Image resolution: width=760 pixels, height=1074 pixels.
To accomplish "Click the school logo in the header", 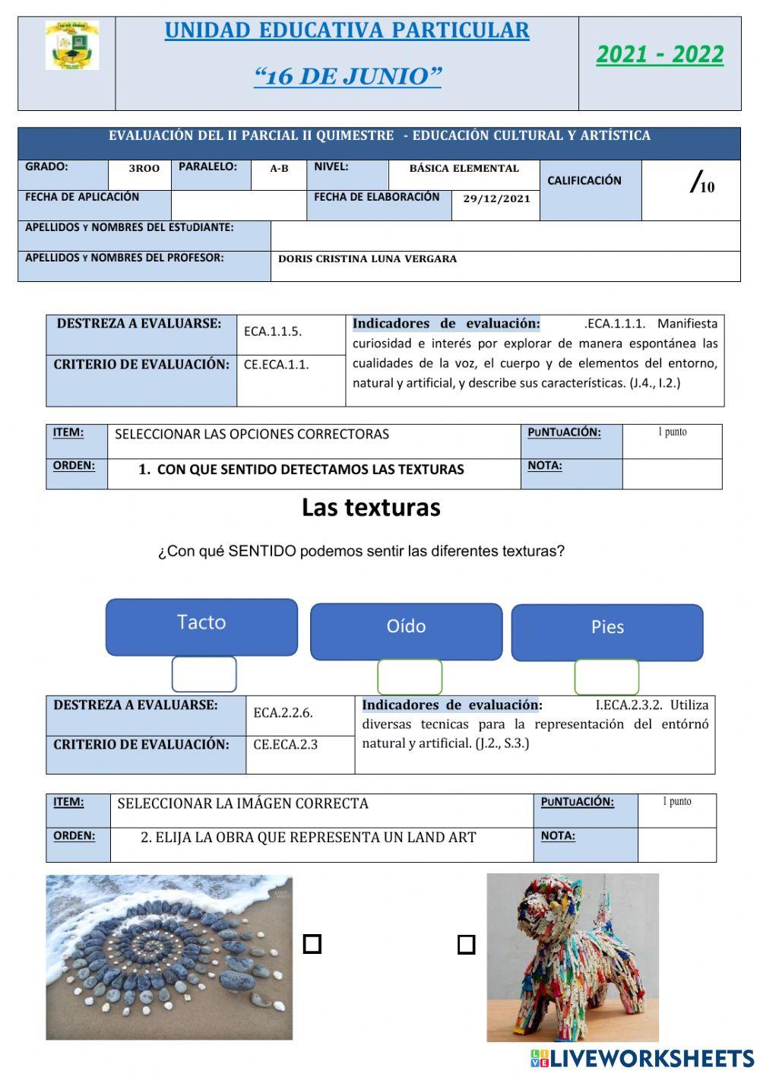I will [71, 46].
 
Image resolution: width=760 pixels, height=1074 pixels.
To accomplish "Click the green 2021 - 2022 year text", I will [660, 55].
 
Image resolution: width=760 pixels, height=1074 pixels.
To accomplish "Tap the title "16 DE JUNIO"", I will [347, 77].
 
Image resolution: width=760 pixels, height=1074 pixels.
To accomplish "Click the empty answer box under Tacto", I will [204, 674].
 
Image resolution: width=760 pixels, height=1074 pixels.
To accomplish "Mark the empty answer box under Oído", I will [410, 676].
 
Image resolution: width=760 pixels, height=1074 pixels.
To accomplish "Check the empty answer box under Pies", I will [606, 676].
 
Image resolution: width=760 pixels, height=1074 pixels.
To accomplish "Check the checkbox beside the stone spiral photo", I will [312, 944].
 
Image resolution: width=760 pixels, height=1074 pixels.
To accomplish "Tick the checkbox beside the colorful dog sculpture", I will [466, 945].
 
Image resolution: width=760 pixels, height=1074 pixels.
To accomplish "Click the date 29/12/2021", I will [496, 199].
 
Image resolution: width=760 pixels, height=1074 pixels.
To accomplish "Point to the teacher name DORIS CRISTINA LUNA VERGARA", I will [367, 259].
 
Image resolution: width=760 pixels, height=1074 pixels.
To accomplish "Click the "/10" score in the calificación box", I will [702, 183].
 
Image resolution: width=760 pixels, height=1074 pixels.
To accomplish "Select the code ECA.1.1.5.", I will [273, 331].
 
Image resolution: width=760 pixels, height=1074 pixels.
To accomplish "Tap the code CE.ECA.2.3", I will [285, 745].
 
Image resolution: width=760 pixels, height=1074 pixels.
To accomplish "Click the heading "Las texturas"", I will [371, 507].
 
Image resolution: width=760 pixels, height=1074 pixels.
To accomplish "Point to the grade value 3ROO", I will [144, 169].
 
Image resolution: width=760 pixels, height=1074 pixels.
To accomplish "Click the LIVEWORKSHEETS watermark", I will [642, 1059].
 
